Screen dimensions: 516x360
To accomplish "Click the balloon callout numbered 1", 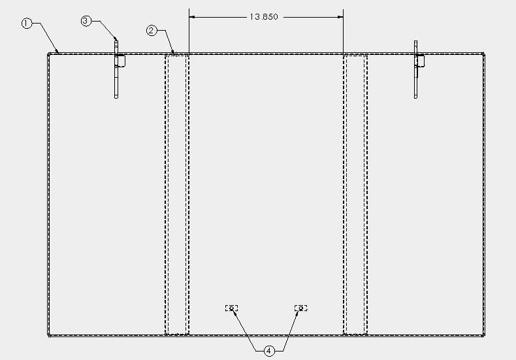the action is tap(27, 24).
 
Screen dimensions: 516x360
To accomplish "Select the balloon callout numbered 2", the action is tap(152, 31).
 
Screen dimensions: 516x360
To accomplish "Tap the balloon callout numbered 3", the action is tap(86, 21).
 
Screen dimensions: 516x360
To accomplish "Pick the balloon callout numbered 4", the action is tap(269, 351).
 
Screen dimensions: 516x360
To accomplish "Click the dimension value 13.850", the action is tap(264, 17).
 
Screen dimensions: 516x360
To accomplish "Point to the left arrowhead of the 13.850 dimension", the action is tap(192, 17).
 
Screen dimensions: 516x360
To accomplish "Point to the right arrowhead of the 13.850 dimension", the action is tap(340, 17).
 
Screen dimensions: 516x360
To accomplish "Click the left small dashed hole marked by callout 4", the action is tap(231, 308).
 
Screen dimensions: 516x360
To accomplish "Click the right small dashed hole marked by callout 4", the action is tap(300, 308).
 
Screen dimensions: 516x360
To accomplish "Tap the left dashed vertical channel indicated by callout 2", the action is tap(177, 195).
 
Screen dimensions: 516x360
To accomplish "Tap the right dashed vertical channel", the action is tap(355, 195).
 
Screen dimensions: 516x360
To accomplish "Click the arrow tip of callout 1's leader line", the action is tap(59, 53).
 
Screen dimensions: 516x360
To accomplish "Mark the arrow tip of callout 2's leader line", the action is tap(174, 53).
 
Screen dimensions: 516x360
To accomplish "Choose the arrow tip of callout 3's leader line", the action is tap(117, 41).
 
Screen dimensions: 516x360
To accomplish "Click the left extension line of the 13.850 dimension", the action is tap(189, 31).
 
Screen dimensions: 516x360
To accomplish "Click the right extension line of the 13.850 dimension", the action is tap(343, 31).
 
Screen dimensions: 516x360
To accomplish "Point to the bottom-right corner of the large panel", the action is tap(484, 336).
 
